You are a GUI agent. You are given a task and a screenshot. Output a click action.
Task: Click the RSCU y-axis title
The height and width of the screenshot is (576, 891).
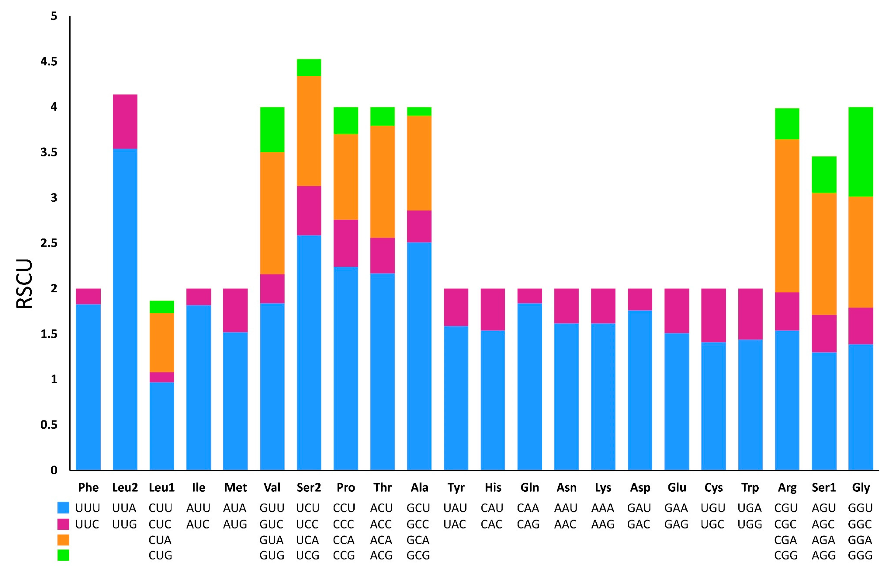tap(25, 283)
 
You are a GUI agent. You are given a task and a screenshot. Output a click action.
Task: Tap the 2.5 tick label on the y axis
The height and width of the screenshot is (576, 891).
tap(49, 243)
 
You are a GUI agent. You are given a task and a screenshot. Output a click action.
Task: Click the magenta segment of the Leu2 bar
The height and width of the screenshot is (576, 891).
tap(125, 121)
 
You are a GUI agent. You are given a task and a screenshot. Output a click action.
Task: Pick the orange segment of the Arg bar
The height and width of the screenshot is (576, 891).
tap(787, 215)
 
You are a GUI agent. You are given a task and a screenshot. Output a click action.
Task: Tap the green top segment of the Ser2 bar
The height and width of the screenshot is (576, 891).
tap(309, 67)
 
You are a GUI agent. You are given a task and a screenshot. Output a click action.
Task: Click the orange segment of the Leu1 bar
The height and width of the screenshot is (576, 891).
tap(162, 342)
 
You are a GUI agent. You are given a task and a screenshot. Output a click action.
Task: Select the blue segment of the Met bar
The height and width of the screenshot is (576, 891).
tap(235, 400)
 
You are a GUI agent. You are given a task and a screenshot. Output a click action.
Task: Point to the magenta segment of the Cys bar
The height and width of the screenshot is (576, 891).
tap(713, 315)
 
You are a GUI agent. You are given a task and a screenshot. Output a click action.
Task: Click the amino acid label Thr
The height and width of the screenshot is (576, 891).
tap(382, 487)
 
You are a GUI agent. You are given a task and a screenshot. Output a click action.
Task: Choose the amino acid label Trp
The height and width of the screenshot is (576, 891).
tap(750, 487)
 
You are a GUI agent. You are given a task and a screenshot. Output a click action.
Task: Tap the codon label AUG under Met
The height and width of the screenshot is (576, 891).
tap(235, 524)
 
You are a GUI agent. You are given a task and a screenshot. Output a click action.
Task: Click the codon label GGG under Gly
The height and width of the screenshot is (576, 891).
tap(860, 555)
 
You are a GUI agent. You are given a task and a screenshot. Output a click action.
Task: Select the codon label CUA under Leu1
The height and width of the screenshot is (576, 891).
tap(160, 540)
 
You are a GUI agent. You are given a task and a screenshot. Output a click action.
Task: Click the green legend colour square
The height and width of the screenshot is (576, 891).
tap(63, 555)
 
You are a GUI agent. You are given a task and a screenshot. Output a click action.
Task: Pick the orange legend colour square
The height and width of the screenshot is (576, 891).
tap(63, 540)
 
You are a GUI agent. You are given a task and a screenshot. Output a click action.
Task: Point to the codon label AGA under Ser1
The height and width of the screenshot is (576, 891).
tap(823, 540)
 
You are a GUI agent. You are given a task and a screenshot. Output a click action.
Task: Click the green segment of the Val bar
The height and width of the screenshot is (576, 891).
tap(272, 130)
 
